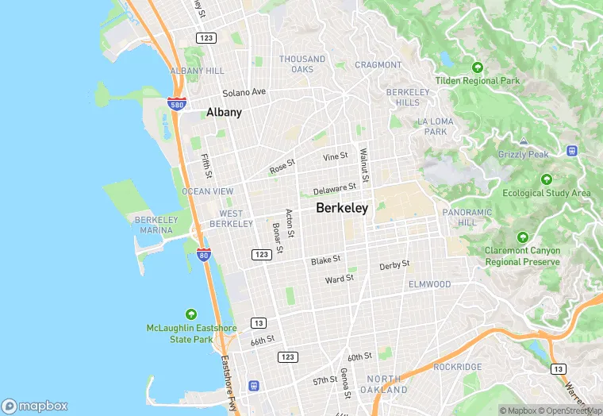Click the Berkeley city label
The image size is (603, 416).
coord(342,208)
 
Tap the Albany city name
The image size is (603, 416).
coord(224,113)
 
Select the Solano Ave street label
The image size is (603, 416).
coord(244,92)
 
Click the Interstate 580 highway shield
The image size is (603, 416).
coord(177,104)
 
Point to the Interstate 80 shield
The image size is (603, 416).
coord(204,255)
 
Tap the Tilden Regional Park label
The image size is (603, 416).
coord(478,81)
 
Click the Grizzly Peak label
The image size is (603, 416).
coord(523,154)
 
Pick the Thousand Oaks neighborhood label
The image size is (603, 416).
coord(302,64)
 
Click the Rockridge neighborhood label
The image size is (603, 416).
coord(458,367)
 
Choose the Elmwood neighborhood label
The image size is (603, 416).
coord(429,284)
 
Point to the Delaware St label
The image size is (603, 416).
coord(335,189)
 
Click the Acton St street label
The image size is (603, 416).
coord(290,224)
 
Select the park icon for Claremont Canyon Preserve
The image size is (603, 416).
coord(522,237)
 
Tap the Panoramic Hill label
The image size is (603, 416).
coord(467,218)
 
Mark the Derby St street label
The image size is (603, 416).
coord(394,265)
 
